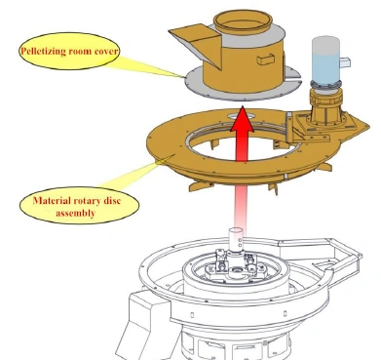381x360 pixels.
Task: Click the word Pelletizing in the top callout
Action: coord(43,51)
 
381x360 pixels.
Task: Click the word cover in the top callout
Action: coord(106,51)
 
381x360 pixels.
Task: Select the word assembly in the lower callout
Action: coord(75,213)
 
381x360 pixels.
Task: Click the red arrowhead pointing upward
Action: coord(243,120)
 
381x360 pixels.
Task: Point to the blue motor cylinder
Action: coord(325,60)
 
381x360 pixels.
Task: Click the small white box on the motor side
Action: coord(345,62)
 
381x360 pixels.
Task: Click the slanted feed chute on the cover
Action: coord(195,44)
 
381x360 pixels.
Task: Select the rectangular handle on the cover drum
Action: coord(265,60)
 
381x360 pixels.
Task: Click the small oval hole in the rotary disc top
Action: coord(241,115)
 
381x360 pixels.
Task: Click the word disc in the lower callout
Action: coord(112,200)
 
